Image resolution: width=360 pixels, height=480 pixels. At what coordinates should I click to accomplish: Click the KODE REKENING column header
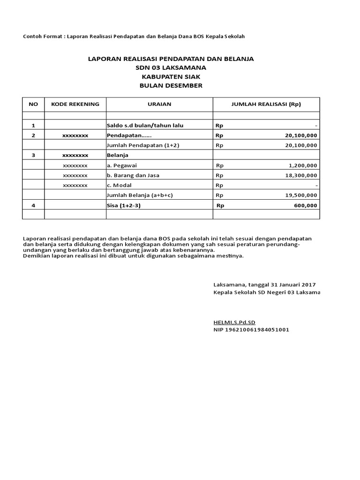click(x=75, y=104)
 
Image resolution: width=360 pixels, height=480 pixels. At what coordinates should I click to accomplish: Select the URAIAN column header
click(x=159, y=104)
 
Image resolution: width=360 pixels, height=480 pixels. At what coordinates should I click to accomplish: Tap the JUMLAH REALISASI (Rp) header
click(x=266, y=104)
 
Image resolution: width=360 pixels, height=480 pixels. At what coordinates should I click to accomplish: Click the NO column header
click(x=33, y=104)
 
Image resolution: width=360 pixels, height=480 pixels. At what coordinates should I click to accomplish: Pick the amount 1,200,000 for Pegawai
click(x=301, y=165)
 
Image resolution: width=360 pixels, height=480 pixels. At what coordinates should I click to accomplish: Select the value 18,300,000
click(x=300, y=175)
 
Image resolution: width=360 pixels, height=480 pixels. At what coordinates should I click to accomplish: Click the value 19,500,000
click(x=300, y=195)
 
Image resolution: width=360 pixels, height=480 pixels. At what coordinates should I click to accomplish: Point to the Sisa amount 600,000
click(x=304, y=205)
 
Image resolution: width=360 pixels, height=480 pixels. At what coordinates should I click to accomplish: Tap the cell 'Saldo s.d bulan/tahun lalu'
click(x=145, y=125)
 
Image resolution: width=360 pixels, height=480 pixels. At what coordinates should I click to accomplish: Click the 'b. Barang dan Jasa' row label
click(x=134, y=175)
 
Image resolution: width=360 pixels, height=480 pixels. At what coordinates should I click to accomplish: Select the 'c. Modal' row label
click(x=120, y=185)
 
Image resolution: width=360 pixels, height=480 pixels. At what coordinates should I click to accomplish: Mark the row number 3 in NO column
click(x=33, y=155)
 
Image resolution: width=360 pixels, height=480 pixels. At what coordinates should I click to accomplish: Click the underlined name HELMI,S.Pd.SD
click(x=234, y=322)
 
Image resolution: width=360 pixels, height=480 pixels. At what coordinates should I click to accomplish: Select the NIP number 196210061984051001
click(x=251, y=330)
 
